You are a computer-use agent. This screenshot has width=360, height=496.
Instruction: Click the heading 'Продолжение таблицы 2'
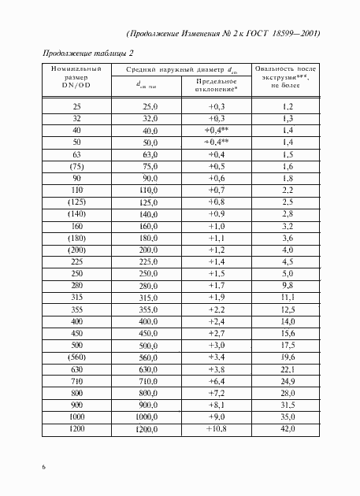[x=87, y=53]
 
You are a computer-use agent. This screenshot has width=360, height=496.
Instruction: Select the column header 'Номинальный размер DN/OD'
[x=76, y=78]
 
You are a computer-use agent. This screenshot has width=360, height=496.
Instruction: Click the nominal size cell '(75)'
[x=76, y=167]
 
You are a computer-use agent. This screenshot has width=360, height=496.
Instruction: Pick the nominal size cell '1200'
[x=76, y=429]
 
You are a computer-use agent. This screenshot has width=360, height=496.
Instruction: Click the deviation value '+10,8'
[x=216, y=429]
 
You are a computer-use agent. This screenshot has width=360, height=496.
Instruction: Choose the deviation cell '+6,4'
[x=217, y=379]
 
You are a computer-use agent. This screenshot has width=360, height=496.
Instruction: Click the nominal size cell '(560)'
[x=76, y=354]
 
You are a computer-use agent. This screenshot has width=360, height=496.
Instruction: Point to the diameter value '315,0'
[x=147, y=298]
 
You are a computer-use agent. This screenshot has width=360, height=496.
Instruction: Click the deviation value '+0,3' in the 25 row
[x=217, y=105]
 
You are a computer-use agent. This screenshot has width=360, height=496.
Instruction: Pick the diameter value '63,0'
[x=148, y=155]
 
